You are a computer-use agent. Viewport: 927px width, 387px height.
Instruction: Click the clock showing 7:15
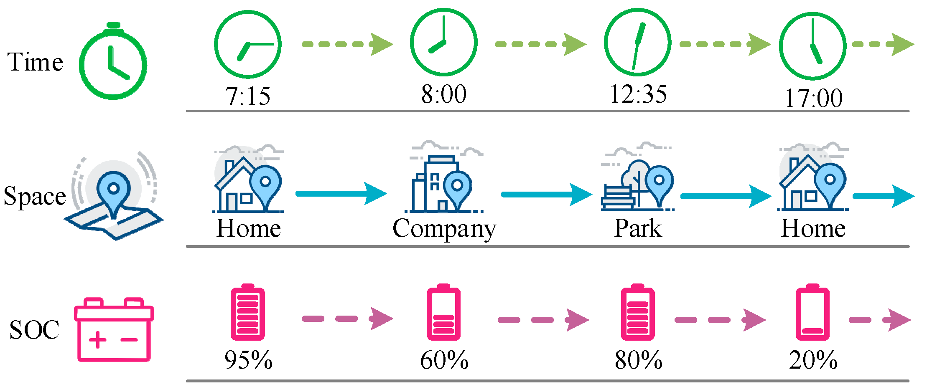coord(248,44)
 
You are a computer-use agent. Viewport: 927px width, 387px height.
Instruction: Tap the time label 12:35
coord(638,94)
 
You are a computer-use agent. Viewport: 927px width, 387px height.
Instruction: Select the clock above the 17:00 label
coord(812,46)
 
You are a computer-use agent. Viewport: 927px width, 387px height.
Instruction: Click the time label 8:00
coord(444,94)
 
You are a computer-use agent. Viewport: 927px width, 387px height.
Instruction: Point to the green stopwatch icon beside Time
coord(113,63)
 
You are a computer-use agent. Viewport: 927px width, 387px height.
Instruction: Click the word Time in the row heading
coord(35,62)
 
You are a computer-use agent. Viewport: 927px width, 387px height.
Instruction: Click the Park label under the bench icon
coord(638,228)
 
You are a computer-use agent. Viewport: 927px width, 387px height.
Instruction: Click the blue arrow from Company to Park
coord(545,195)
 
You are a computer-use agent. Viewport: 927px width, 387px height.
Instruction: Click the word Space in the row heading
coord(35,196)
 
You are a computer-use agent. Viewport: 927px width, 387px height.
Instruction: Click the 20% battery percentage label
coord(813,360)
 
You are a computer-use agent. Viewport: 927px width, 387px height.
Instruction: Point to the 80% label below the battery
coord(638,360)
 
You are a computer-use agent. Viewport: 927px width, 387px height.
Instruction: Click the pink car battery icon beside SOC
coord(114,330)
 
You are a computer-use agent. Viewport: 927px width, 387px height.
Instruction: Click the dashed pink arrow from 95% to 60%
coord(347,319)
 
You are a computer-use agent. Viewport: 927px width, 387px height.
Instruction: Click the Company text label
coord(444,229)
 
